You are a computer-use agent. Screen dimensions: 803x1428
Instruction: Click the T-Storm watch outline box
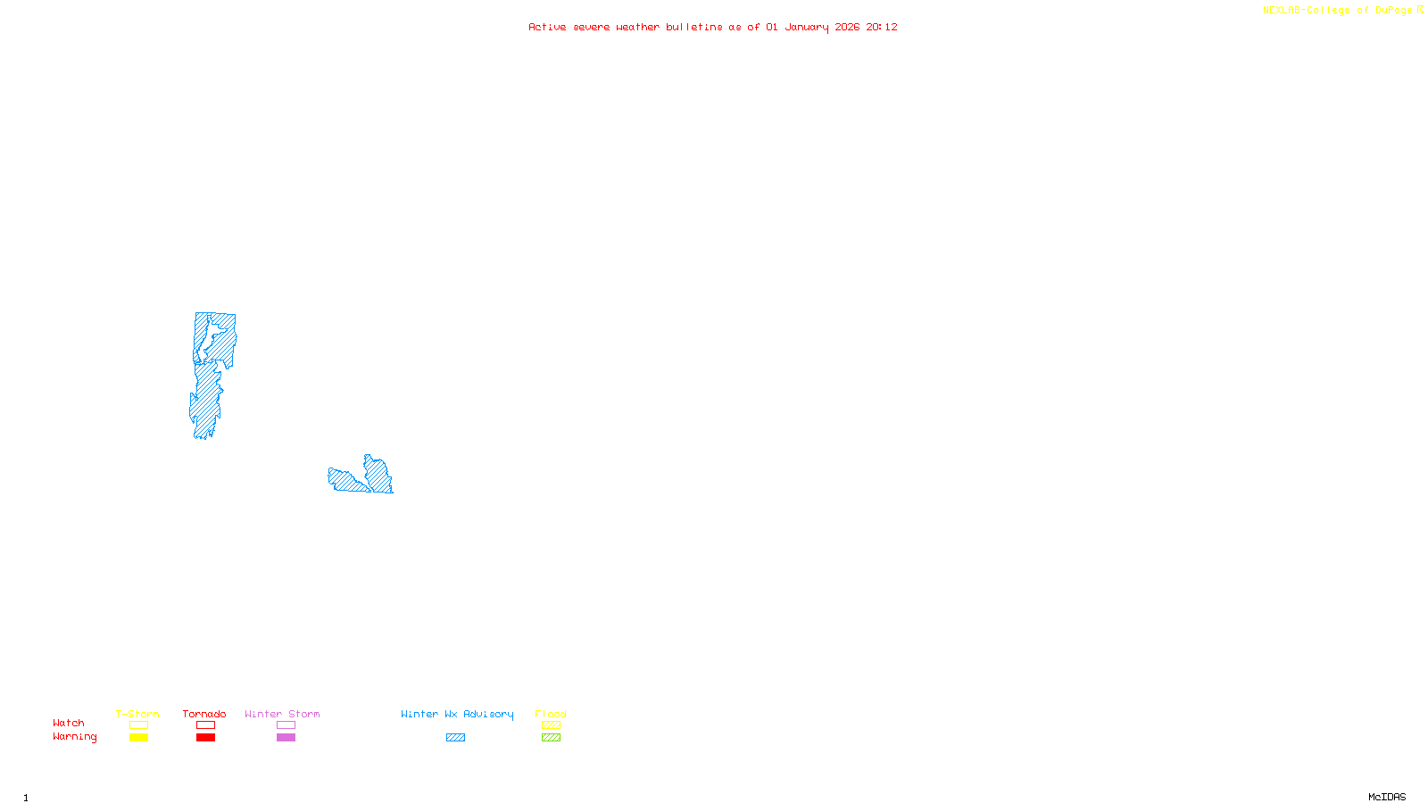(138, 725)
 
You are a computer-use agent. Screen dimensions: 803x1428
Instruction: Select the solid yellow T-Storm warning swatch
(138, 738)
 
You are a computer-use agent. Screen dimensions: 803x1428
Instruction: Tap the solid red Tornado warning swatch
(205, 738)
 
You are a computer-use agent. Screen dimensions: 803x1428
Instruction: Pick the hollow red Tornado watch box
(205, 725)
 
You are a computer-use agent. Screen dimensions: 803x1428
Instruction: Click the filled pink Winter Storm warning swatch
(286, 738)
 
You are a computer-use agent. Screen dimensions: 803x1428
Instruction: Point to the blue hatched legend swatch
(455, 738)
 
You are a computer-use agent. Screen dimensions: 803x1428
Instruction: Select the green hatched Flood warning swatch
(551, 738)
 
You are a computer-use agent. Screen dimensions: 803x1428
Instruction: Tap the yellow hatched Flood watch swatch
(551, 725)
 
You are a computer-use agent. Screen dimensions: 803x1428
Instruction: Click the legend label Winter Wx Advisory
(457, 714)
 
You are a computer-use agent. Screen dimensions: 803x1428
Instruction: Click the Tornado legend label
(204, 714)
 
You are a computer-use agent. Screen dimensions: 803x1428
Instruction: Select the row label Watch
(69, 724)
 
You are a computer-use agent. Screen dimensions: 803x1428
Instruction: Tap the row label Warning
(74, 737)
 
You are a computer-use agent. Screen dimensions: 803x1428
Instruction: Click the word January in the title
(807, 28)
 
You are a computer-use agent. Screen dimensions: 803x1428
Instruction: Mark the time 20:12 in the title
(882, 28)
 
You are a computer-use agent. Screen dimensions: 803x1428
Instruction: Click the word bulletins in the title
(694, 28)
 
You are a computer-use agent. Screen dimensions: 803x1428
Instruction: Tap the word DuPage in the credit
(1393, 11)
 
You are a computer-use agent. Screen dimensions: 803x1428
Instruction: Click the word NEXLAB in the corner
(1282, 11)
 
